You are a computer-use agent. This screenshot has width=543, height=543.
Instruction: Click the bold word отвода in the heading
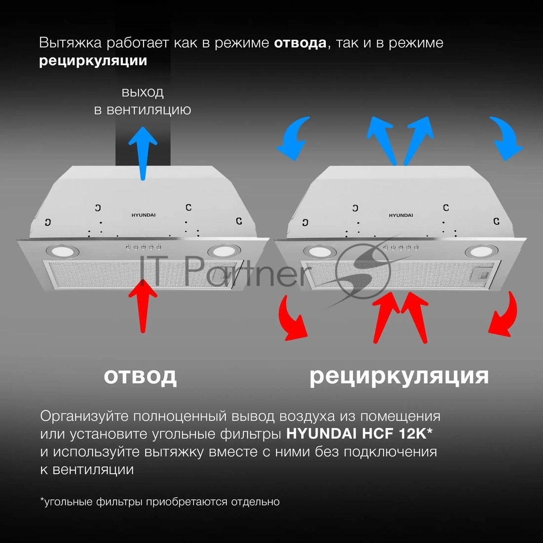[x=300, y=43]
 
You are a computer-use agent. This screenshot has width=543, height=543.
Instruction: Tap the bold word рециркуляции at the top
[x=93, y=61]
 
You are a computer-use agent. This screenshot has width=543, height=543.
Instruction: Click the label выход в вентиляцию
[x=143, y=101]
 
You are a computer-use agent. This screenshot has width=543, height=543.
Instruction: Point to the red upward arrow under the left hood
[x=143, y=305]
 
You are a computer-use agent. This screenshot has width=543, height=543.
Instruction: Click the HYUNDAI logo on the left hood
[x=143, y=215]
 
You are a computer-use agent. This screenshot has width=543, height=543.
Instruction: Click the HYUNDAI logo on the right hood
[x=401, y=215]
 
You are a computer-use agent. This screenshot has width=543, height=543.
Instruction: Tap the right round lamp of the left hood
[x=224, y=250]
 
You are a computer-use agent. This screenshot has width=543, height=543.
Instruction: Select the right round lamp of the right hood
[x=481, y=250]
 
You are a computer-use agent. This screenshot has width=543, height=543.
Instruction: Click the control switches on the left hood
[x=144, y=247]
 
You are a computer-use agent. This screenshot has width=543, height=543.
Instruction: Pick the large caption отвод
[x=140, y=376]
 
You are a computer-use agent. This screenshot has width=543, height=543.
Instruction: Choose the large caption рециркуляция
[x=399, y=377]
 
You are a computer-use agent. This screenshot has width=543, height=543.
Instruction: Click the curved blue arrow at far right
[x=507, y=138]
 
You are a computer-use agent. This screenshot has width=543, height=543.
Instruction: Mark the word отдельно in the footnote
[x=255, y=502]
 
